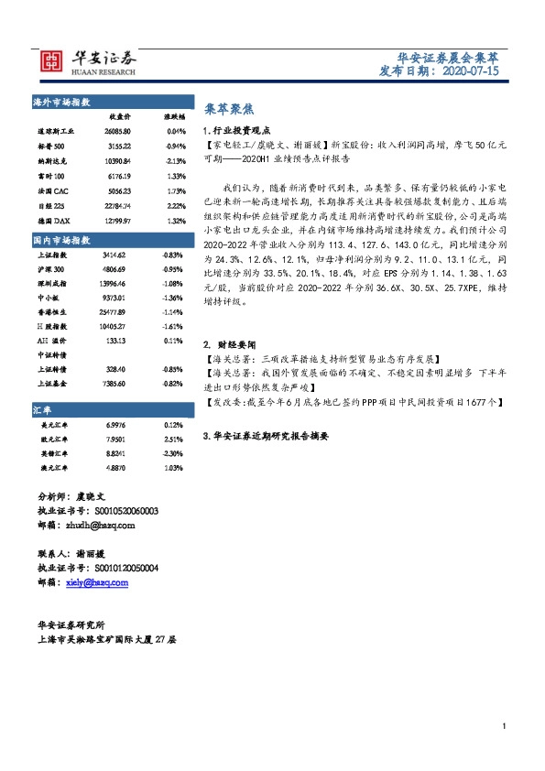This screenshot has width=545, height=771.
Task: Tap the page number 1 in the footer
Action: [505, 726]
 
